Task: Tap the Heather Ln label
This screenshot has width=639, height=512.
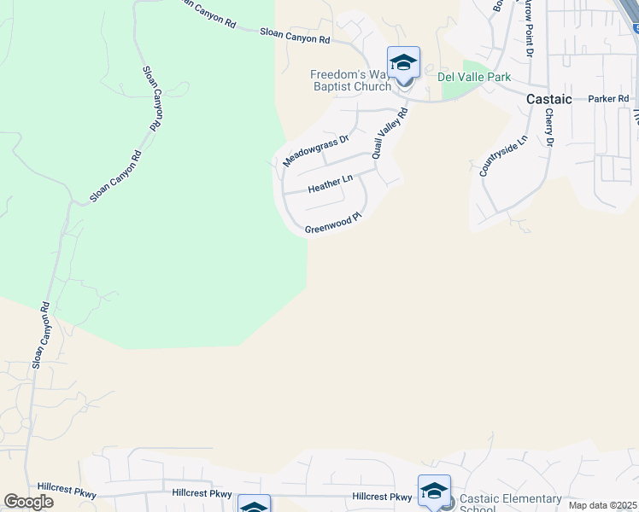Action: tap(330, 184)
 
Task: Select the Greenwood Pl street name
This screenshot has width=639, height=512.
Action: tap(334, 224)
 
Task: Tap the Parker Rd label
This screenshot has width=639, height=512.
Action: tap(608, 99)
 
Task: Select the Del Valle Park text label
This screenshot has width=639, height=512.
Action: tap(474, 78)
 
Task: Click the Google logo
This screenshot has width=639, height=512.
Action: tap(28, 502)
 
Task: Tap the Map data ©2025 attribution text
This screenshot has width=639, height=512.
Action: tap(602, 505)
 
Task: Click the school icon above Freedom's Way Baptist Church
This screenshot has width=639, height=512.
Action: tap(403, 63)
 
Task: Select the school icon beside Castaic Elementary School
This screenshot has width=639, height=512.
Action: tap(434, 492)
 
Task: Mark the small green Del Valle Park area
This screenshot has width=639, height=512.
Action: tap(483, 85)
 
